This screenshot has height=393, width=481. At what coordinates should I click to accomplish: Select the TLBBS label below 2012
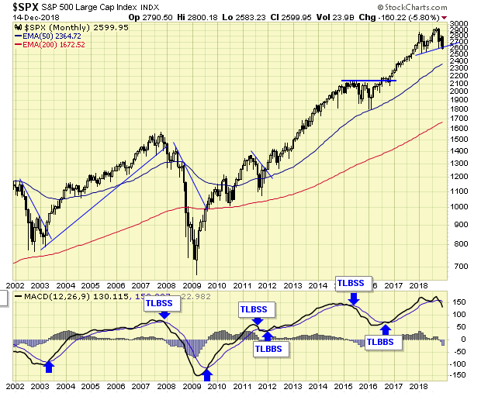coord(272,349)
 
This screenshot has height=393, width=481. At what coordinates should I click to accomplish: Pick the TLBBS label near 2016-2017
coord(384,342)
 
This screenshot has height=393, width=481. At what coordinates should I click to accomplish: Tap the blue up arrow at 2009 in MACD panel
coord(206,376)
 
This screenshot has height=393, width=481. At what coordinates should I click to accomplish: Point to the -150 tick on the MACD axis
coord(458,375)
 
